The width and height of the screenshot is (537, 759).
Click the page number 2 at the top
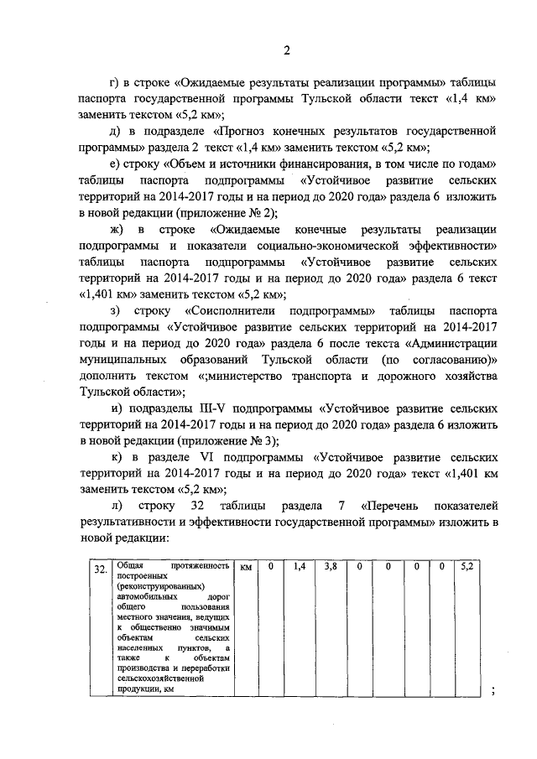(x=285, y=50)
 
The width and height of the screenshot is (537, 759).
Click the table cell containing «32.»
(x=101, y=570)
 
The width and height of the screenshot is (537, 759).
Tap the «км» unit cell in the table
(x=246, y=568)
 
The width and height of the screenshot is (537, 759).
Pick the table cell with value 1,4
(x=300, y=568)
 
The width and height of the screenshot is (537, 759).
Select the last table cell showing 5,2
(x=467, y=568)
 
